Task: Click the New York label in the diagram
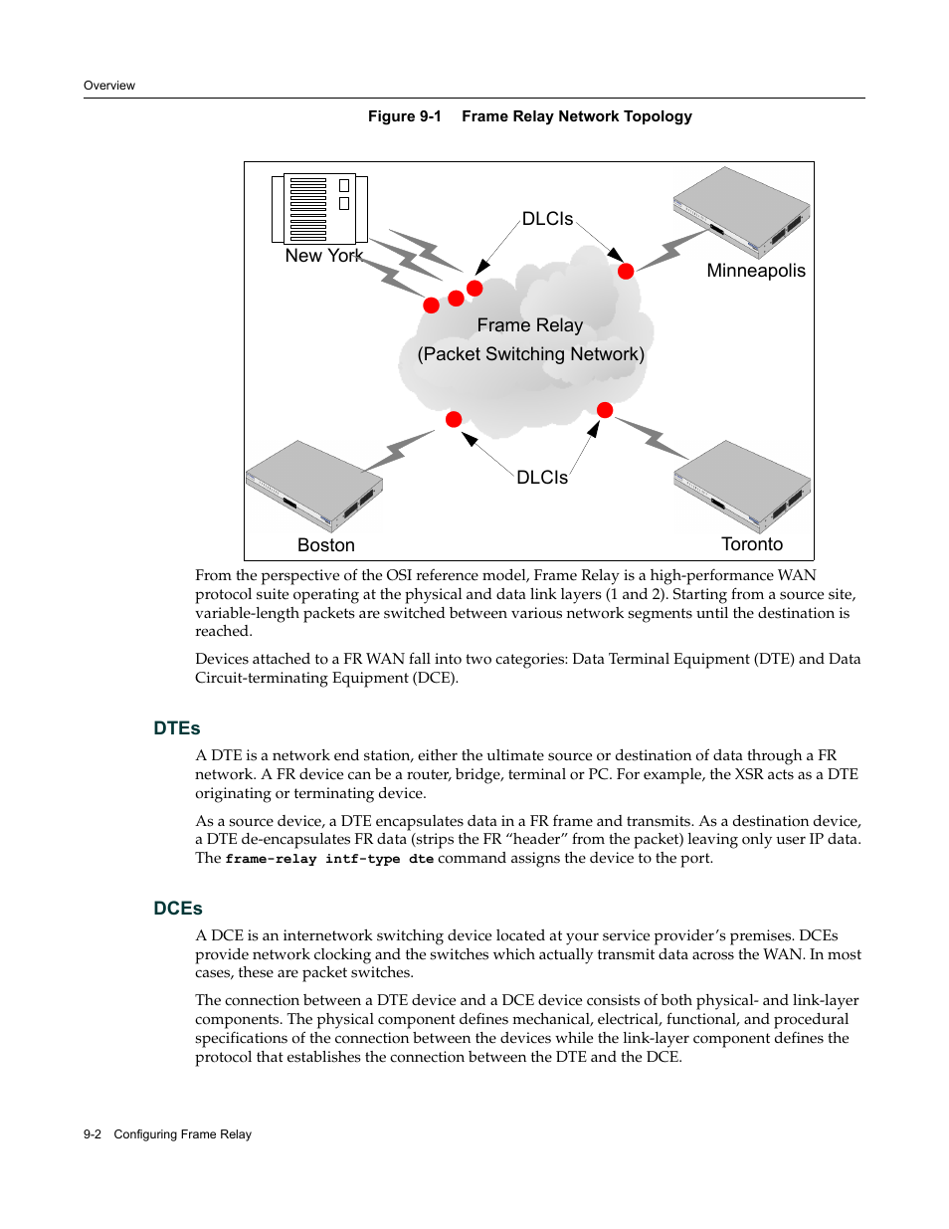(x=323, y=256)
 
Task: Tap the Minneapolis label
(x=756, y=271)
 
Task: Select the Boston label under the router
(x=325, y=545)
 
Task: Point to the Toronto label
(x=752, y=544)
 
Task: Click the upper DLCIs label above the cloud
(x=547, y=219)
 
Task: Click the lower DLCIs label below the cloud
(x=542, y=478)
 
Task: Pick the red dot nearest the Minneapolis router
(x=626, y=271)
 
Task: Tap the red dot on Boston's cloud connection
(x=454, y=419)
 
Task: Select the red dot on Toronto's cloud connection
(x=605, y=410)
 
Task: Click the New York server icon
(x=319, y=209)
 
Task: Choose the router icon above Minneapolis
(x=742, y=212)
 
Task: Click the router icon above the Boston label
(x=313, y=487)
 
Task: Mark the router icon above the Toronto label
(x=742, y=487)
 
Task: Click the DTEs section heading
(x=177, y=728)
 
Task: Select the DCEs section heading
(x=178, y=909)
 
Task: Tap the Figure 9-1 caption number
(x=404, y=116)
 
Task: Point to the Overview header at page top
(x=109, y=86)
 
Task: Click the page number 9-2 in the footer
(x=93, y=1134)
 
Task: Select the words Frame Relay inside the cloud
(x=529, y=325)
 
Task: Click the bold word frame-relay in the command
(x=271, y=859)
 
